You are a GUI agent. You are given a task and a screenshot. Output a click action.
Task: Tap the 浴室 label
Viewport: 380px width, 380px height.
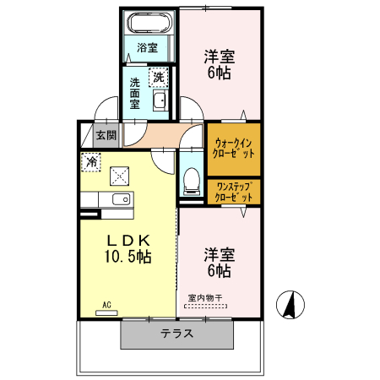point(148,48)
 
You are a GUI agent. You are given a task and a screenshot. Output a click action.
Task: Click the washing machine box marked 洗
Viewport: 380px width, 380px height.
point(159,78)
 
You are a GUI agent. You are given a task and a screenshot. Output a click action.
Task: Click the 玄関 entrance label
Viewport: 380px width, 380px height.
point(106,134)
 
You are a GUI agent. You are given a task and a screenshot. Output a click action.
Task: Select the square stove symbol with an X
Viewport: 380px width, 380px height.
point(119,176)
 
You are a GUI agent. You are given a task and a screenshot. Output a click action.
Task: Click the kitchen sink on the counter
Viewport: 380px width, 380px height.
point(117,200)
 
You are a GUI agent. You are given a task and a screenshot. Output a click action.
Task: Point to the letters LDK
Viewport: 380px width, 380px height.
point(128,240)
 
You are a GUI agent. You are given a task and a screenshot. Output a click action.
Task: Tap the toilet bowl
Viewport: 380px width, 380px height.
point(192,179)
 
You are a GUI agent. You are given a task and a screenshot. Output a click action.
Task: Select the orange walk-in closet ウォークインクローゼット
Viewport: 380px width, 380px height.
point(234,149)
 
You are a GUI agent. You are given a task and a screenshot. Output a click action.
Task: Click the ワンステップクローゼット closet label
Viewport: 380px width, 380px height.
point(234,191)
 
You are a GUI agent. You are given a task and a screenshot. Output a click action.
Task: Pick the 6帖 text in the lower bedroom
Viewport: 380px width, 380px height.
point(219,271)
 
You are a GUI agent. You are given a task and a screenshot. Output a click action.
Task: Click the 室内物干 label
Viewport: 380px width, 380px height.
point(204,298)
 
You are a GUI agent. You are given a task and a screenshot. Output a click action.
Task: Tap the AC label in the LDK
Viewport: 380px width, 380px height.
point(107,304)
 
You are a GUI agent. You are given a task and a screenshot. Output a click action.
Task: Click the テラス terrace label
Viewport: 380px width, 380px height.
point(176,334)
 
